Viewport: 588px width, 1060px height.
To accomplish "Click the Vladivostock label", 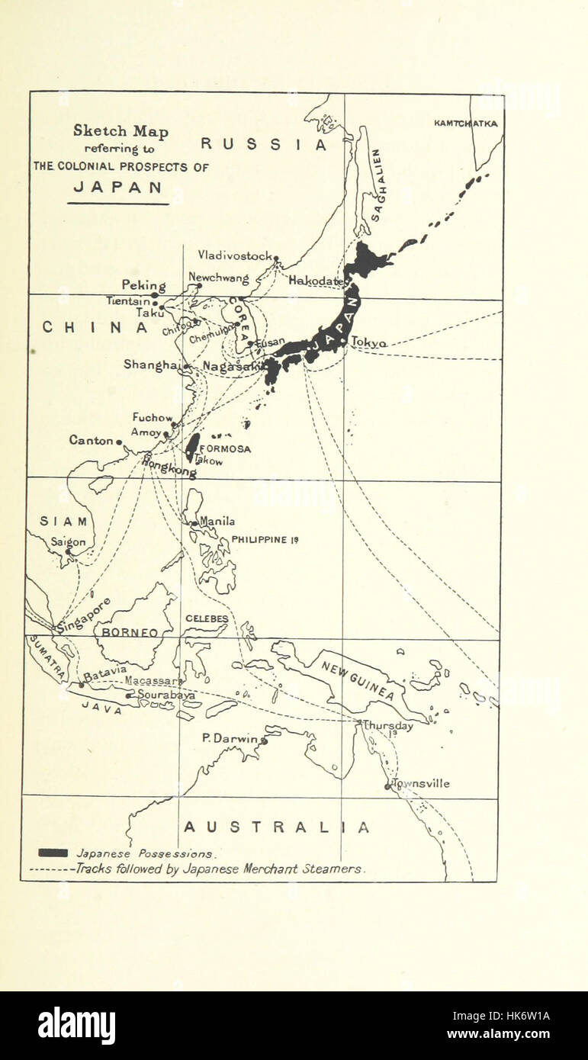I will [x=235, y=255].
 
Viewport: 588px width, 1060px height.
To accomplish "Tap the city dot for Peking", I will [x=154, y=295].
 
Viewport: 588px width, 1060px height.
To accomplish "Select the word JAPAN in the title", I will [x=117, y=187].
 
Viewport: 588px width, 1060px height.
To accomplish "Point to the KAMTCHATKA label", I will [x=465, y=123].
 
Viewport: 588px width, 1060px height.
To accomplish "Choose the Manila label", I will [x=217, y=522].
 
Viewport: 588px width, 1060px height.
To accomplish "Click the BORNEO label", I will [x=127, y=632].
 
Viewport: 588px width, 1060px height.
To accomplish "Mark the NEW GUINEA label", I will [x=357, y=680].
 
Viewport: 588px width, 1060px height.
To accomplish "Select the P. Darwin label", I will [x=231, y=737].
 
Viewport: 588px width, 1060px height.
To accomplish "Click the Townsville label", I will [x=420, y=783].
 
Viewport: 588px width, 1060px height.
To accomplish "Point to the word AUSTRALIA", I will [x=277, y=827].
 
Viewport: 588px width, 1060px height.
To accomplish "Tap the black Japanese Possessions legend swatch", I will [x=53, y=853].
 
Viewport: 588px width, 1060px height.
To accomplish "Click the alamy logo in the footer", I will [x=76, y=1026].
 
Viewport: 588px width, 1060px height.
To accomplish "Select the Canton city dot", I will [x=119, y=442].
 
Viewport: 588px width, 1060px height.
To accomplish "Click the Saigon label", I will [x=68, y=541].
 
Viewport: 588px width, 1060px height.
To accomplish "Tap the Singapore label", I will [x=84, y=615].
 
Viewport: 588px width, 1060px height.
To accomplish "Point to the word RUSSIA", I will [x=264, y=144].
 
